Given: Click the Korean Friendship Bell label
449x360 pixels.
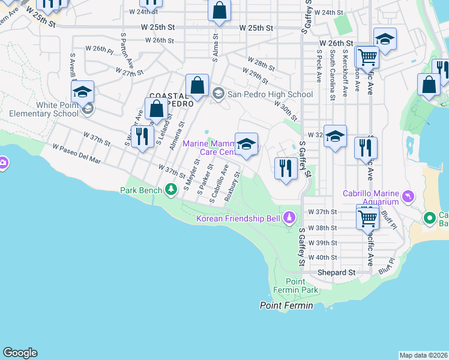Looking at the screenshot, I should pos(238,218).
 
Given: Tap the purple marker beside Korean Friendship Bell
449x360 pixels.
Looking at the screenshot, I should pos(290,217).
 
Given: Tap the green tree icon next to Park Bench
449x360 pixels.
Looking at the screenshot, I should pos(172,190).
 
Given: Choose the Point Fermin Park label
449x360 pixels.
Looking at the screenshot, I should pos(301,286).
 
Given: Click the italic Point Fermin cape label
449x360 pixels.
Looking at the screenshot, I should pos(286,306).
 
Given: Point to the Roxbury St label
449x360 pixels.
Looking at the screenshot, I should pos(232,187).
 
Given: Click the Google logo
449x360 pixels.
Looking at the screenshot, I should pos(20,353).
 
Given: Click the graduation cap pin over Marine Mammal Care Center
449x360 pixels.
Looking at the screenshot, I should pos(246,143).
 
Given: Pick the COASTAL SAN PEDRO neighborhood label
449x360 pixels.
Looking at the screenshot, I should pos(171,100).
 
